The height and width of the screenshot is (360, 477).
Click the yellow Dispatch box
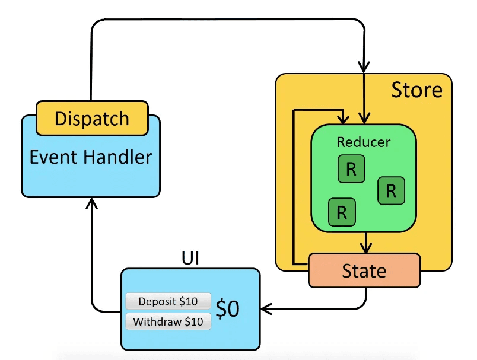[x=92, y=118]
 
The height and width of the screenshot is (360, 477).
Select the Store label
[x=416, y=90]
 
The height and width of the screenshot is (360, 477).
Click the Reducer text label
[x=364, y=142]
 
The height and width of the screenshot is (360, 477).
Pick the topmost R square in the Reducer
[x=351, y=170]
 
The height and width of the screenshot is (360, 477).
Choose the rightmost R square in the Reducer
[x=391, y=191]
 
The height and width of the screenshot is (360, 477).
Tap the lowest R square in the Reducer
[x=341, y=212]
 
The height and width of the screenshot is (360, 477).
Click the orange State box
[x=364, y=271]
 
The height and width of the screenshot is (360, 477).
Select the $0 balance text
[x=228, y=308]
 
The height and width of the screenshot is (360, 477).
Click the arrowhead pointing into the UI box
[x=266, y=308]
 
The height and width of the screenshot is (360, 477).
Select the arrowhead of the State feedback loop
[x=342, y=119]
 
